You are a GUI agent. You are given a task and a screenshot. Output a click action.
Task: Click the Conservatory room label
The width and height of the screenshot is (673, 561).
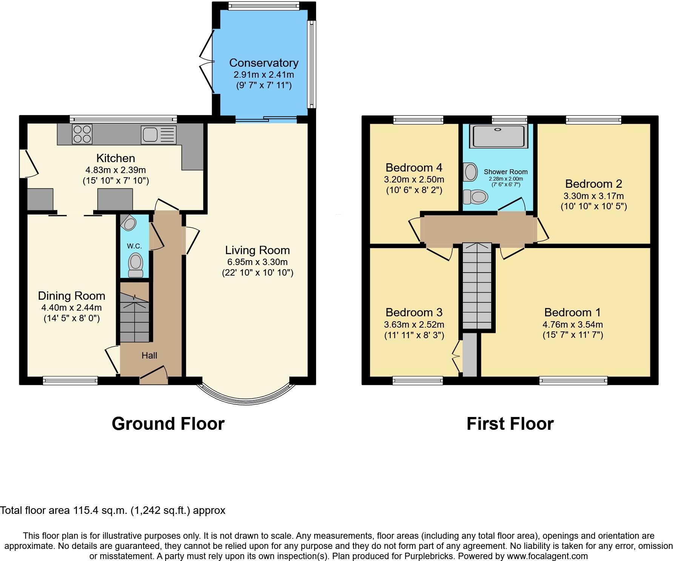263,63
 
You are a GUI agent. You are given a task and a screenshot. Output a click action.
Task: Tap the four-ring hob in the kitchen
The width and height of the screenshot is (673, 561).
82,134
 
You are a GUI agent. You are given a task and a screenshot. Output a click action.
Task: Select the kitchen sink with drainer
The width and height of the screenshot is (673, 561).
158,135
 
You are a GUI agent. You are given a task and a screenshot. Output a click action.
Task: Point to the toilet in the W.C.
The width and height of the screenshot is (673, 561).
135,264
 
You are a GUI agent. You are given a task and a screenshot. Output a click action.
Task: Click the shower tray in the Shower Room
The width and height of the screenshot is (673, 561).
498,136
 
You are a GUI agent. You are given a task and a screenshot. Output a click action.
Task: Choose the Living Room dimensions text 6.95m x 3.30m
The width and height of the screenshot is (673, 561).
257,262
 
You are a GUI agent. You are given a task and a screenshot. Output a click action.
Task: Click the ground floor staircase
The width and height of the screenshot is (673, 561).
135,319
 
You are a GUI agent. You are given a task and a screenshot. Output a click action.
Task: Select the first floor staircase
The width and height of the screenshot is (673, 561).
477,287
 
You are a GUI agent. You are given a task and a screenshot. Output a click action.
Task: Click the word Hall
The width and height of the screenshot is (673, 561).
149,355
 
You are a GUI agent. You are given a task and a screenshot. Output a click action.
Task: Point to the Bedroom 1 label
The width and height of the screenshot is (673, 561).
572,312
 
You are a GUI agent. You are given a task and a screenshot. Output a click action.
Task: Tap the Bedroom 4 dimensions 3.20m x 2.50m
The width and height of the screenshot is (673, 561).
414,179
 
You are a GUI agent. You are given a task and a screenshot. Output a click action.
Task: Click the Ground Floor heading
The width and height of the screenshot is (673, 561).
168,424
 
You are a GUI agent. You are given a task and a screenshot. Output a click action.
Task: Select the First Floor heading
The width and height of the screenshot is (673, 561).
510,424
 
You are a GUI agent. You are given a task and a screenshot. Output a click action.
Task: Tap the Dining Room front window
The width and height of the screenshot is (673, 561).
70,380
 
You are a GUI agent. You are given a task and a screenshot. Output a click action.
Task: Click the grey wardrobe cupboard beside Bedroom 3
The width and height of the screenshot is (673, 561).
470,354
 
